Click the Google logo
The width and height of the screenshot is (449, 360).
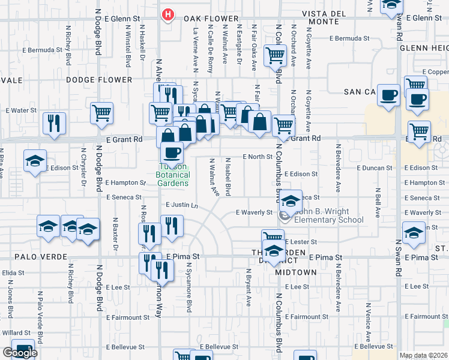[x=20, y=353]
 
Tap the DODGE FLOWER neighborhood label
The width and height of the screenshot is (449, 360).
[x=99, y=79]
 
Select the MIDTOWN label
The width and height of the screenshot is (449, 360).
[x=296, y=272]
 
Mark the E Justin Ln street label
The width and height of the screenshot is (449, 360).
[x=181, y=205]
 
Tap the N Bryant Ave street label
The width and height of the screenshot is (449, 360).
[x=247, y=286]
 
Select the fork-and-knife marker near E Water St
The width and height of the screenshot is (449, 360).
[x=55, y=123]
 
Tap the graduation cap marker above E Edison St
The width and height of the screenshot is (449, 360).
[x=35, y=161]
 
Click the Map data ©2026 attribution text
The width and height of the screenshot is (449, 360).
[x=424, y=355]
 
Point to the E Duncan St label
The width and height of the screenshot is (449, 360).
[x=375, y=169]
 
